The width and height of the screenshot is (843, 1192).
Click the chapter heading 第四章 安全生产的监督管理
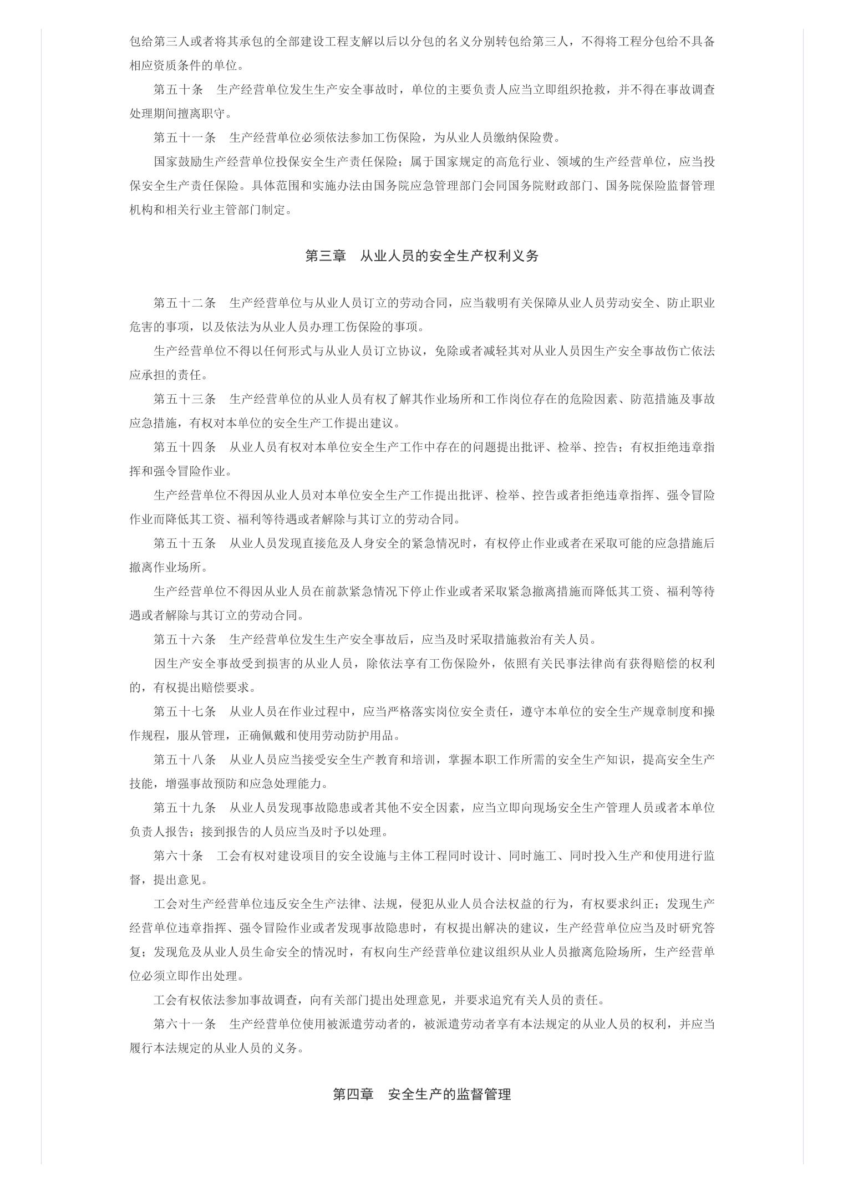421,1094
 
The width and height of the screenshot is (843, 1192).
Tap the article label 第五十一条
185,137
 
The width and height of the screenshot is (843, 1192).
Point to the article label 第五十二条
185,303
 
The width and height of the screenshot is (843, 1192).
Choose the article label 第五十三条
185,399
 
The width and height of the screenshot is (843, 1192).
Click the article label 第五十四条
185,447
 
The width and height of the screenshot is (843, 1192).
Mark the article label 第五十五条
185,543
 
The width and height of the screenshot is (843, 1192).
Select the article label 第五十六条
185,639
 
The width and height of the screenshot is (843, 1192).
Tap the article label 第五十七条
185,711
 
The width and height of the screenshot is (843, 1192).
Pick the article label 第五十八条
185,760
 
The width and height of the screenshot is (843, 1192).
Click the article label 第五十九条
185,807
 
